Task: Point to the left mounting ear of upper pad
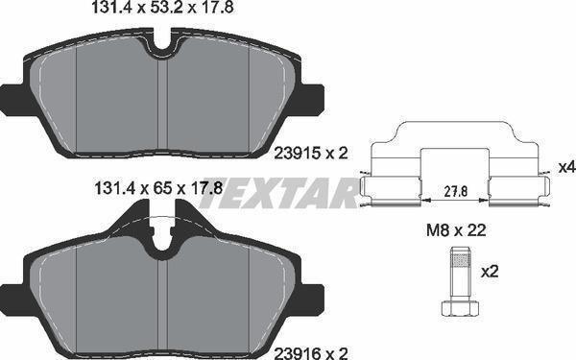12,99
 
